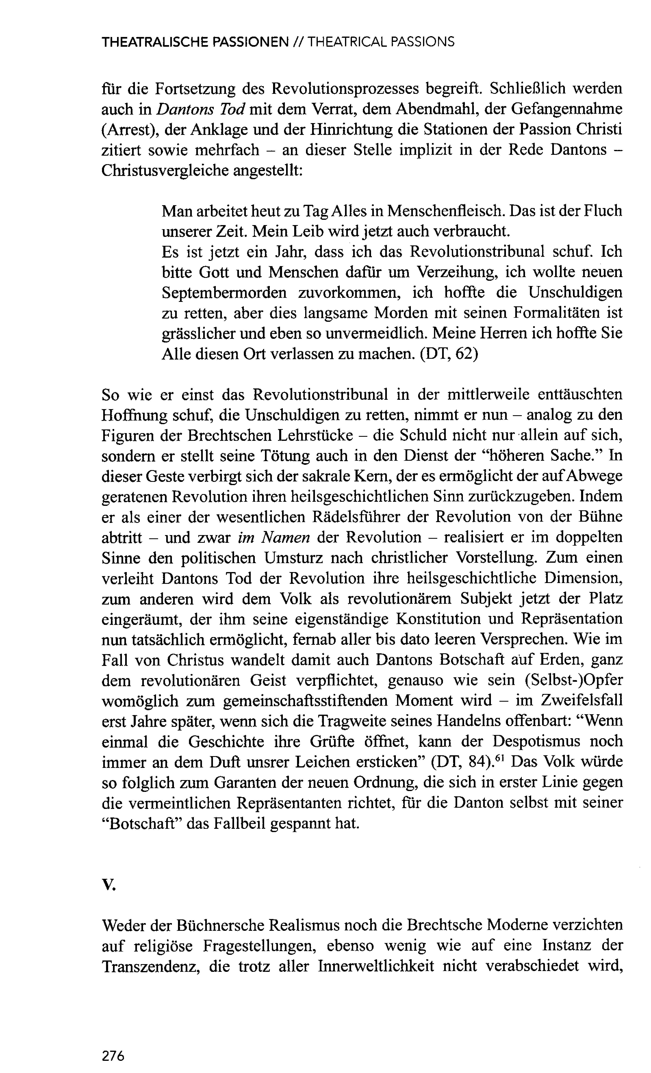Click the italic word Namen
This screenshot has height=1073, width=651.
pyautogui.click(x=285, y=537)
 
